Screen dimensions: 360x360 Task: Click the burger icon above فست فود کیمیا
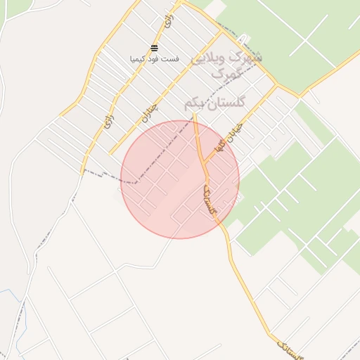tap(155, 48)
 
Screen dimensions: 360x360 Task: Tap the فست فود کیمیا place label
tap(155, 59)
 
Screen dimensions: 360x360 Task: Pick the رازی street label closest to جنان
tap(108, 120)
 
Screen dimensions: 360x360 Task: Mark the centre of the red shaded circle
tap(180, 179)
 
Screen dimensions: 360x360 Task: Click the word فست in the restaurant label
tap(172, 59)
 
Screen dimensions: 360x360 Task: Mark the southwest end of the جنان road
tap(110, 153)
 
